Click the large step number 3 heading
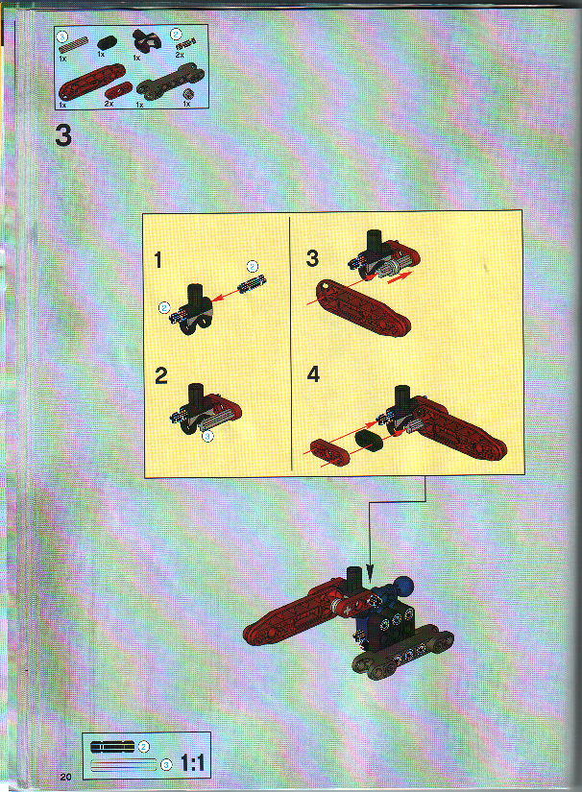[63, 136]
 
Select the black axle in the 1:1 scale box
[112, 746]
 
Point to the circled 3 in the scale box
[165, 765]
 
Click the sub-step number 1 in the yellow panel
[159, 260]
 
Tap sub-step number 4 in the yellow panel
[312, 374]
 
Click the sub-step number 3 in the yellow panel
[312, 258]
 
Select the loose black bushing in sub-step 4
[368, 441]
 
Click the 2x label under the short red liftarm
[108, 103]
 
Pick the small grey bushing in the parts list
[188, 93]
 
